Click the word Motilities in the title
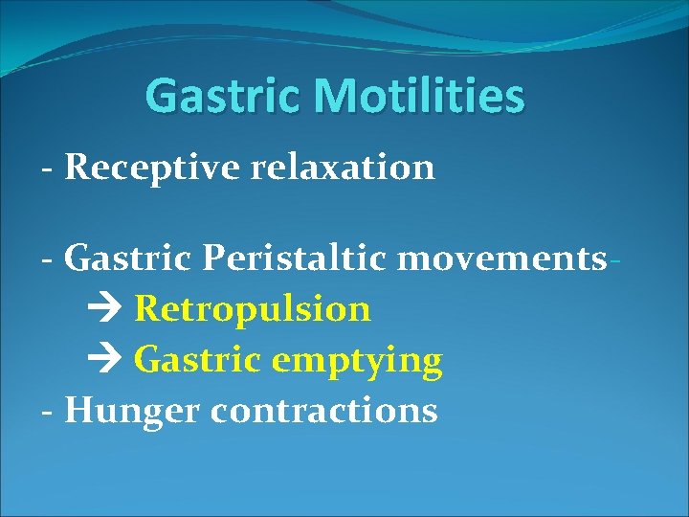click(418, 96)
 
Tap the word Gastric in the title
click(224, 96)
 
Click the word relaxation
click(343, 168)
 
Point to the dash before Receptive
click(47, 169)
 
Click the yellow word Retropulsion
click(253, 309)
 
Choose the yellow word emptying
click(357, 361)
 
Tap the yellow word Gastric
click(198, 361)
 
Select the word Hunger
click(132, 411)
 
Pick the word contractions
click(323, 411)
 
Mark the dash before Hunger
click(47, 413)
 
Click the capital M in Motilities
click(331, 96)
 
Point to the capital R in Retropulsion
click(145, 309)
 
